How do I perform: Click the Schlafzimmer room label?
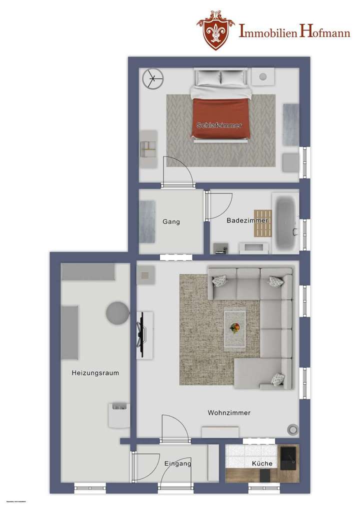tap(219, 125)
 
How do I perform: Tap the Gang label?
tap(171, 221)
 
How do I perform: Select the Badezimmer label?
tap(247, 220)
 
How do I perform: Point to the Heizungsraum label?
tap(95, 372)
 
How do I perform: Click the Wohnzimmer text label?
tap(229, 412)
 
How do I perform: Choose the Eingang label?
tap(177, 463)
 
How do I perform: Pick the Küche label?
tap(262, 463)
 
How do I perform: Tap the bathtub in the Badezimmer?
tap(285, 222)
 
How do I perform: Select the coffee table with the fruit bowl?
tap(234, 328)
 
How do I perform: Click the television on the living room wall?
tap(140, 335)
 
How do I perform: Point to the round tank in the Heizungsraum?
tap(118, 313)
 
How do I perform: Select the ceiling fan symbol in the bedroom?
tap(152, 78)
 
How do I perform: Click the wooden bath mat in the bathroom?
tap(262, 223)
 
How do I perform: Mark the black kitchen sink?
tap(288, 455)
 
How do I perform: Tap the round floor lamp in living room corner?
tap(291, 428)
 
